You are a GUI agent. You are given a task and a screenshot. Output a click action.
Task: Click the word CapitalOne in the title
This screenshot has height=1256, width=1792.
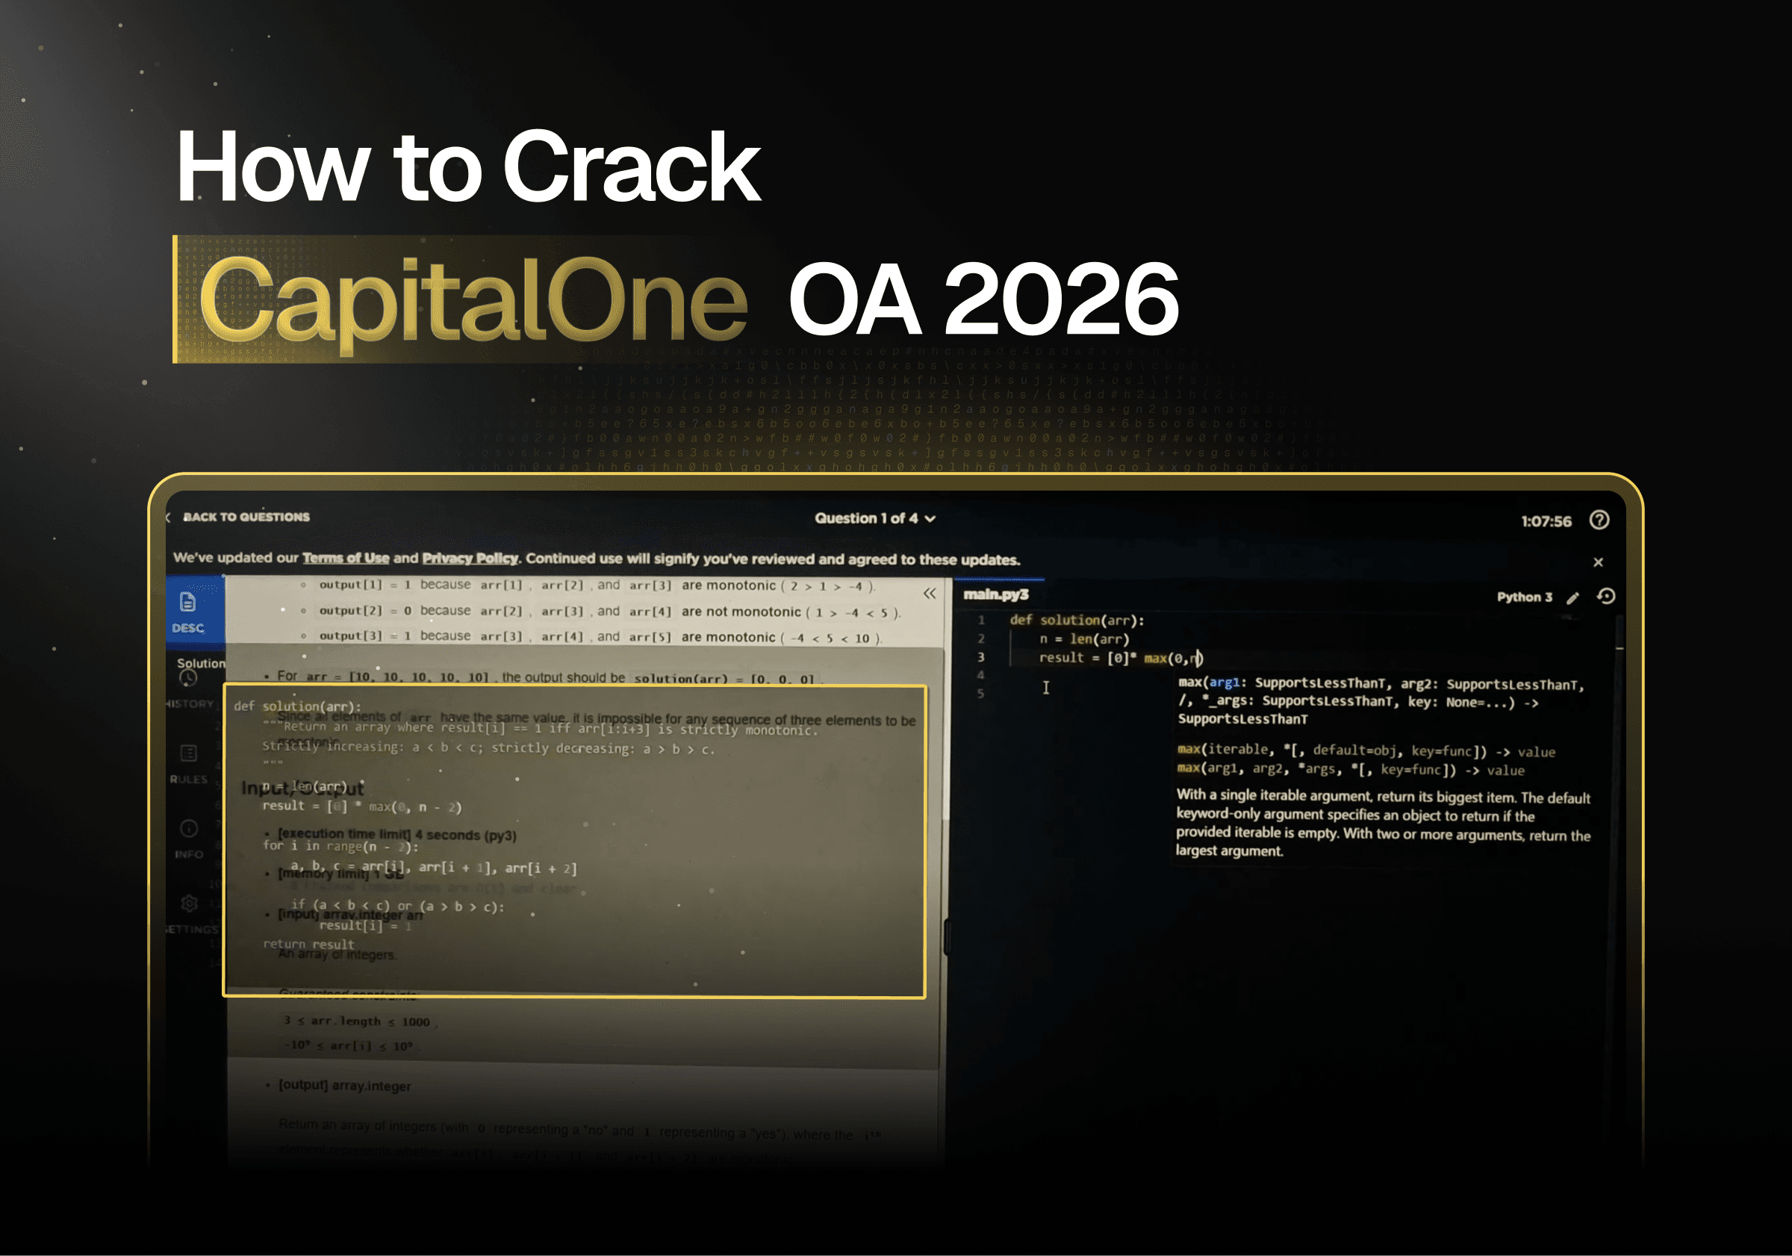pyautogui.click(x=473, y=300)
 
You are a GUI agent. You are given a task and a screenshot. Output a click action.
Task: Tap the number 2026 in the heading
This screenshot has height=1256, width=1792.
pyautogui.click(x=1062, y=300)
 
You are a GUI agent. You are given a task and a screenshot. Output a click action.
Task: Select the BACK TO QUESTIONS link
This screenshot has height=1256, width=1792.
pyautogui.click(x=246, y=517)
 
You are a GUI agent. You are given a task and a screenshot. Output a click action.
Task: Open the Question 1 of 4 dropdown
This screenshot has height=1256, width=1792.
pyautogui.click(x=874, y=518)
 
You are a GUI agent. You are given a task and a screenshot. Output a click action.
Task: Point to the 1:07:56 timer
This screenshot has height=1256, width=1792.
pyautogui.click(x=1546, y=521)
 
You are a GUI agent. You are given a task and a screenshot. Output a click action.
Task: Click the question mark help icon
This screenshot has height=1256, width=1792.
pyautogui.click(x=1599, y=520)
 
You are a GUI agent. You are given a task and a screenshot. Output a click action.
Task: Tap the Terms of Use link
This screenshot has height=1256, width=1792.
pyautogui.click(x=346, y=558)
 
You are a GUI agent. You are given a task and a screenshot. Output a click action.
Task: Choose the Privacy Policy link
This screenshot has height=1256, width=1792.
pyautogui.click(x=470, y=558)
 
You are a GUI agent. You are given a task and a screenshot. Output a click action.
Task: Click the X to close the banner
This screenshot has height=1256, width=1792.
pyautogui.click(x=1598, y=562)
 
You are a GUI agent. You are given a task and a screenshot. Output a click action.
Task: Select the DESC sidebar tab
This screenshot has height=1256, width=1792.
pyautogui.click(x=188, y=612)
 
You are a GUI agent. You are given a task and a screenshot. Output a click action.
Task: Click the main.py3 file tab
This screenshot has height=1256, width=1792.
pyautogui.click(x=996, y=595)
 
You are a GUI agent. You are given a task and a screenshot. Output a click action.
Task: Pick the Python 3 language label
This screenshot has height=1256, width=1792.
pyautogui.click(x=1523, y=597)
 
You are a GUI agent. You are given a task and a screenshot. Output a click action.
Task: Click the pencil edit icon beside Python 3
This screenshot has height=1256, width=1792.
pyautogui.click(x=1572, y=598)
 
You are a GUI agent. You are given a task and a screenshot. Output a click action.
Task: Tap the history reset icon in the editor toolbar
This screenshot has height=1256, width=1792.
pyautogui.click(x=1605, y=597)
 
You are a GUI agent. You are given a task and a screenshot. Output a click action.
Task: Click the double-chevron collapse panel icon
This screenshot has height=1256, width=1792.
pyautogui.click(x=930, y=593)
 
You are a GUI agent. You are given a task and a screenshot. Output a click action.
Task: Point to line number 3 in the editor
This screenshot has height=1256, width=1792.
pyautogui.click(x=981, y=657)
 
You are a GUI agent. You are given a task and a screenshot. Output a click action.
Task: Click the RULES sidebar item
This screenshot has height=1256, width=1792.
pyautogui.click(x=189, y=762)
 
